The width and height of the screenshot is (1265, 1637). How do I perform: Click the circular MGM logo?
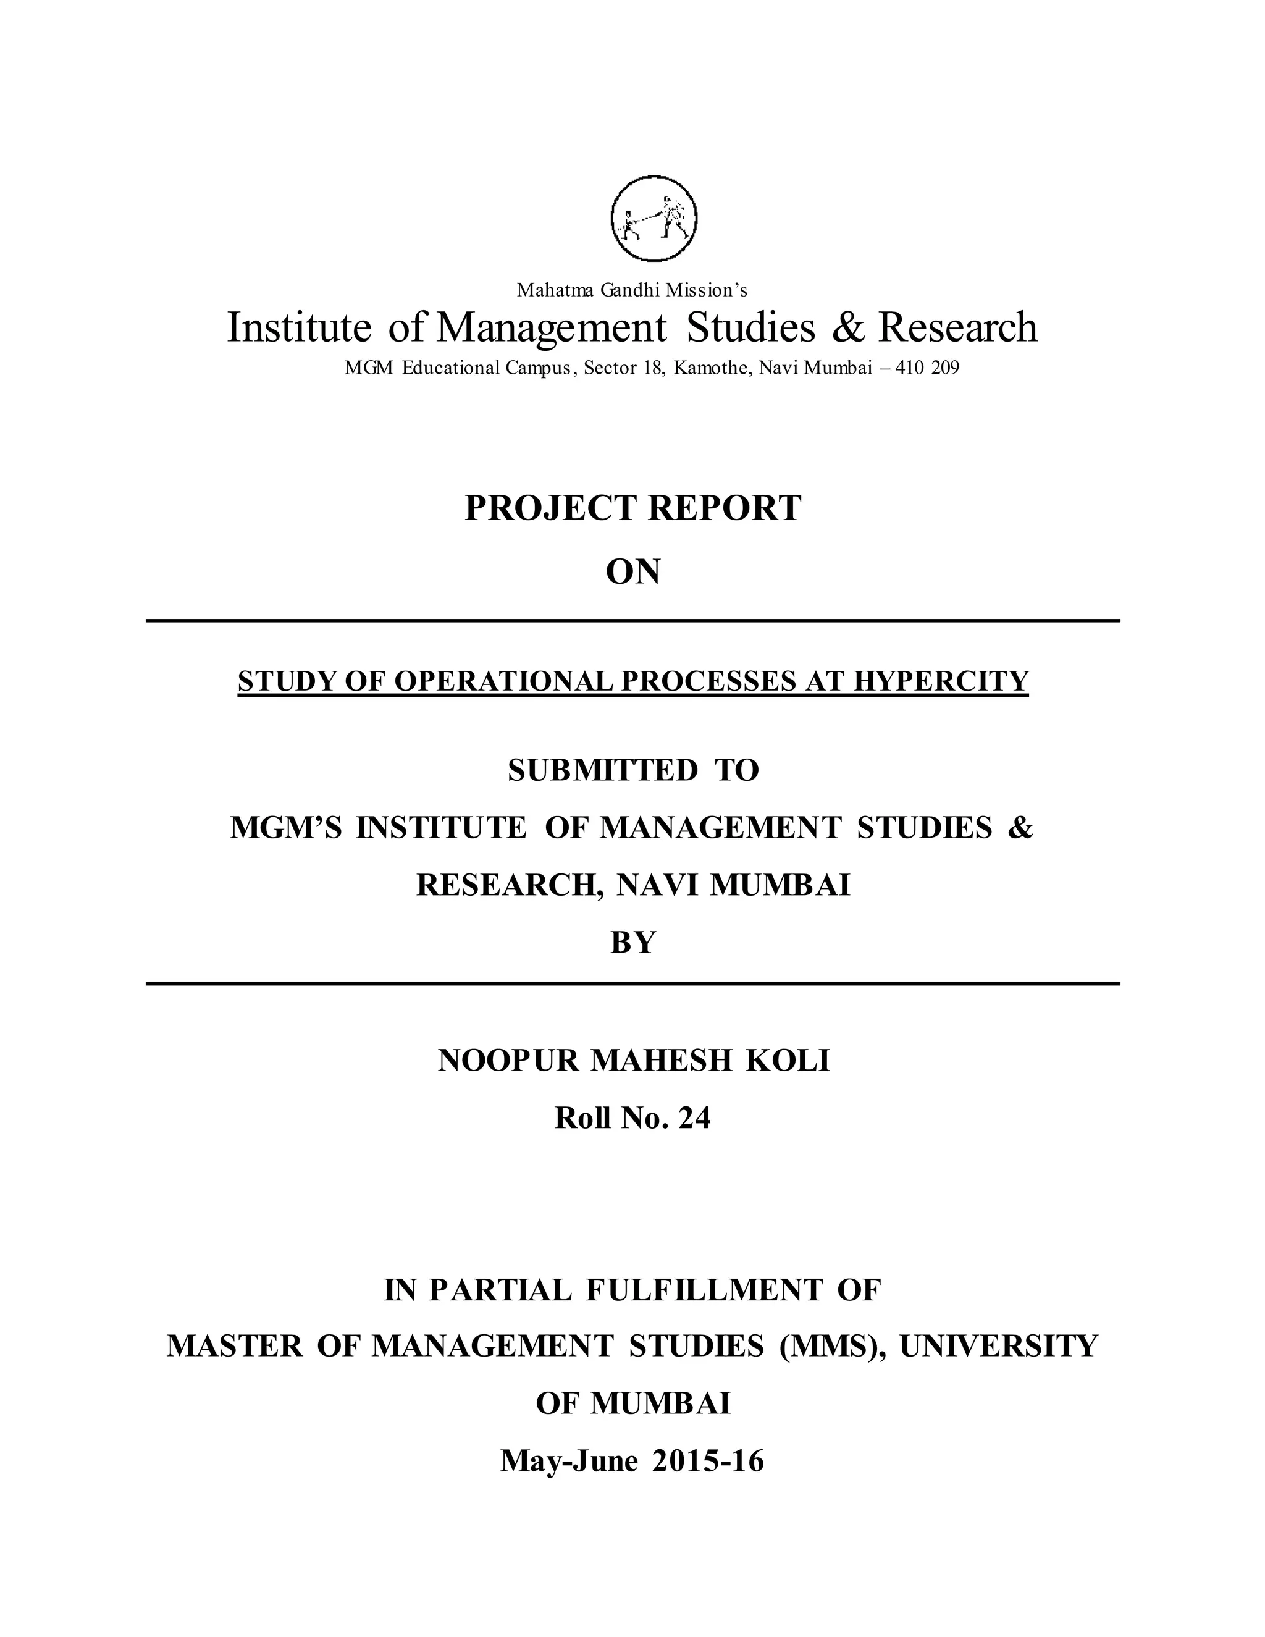654,217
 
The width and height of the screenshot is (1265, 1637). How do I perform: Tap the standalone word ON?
632,572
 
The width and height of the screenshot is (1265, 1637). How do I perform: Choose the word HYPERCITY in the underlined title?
941,681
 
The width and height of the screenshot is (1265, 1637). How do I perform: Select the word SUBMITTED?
602,770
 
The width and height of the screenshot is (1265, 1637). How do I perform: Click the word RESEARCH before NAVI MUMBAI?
510,885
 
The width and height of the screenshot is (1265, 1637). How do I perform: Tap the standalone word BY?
632,942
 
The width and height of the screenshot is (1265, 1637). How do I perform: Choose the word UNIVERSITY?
998,1347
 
